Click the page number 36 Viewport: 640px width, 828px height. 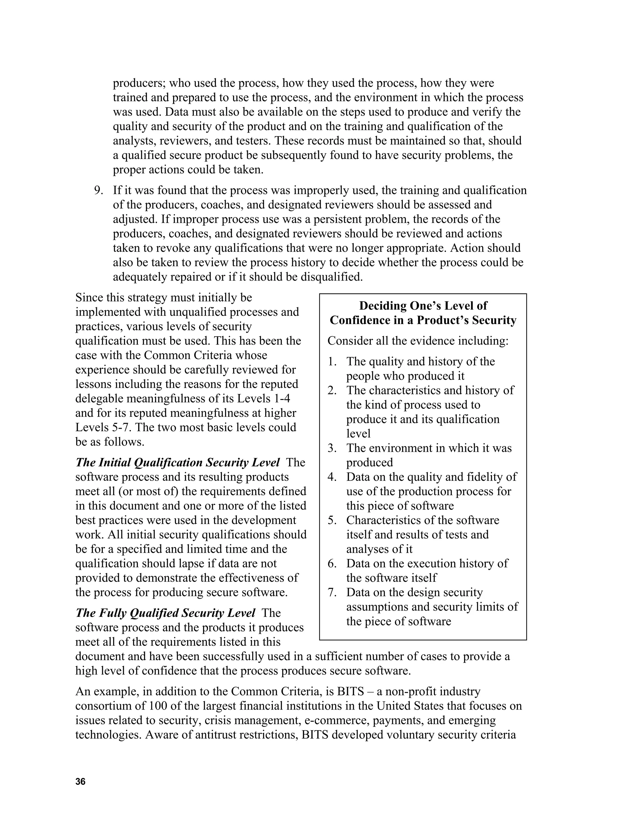point(80,781)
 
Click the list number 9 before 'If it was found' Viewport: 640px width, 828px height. point(98,190)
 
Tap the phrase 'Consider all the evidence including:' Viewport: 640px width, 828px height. point(418,341)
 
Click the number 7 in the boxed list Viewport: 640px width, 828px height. point(332,592)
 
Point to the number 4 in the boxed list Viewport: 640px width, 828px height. point(332,477)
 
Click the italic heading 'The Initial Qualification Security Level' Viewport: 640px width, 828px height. point(177,462)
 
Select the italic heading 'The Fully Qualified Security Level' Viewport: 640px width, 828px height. point(165,613)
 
